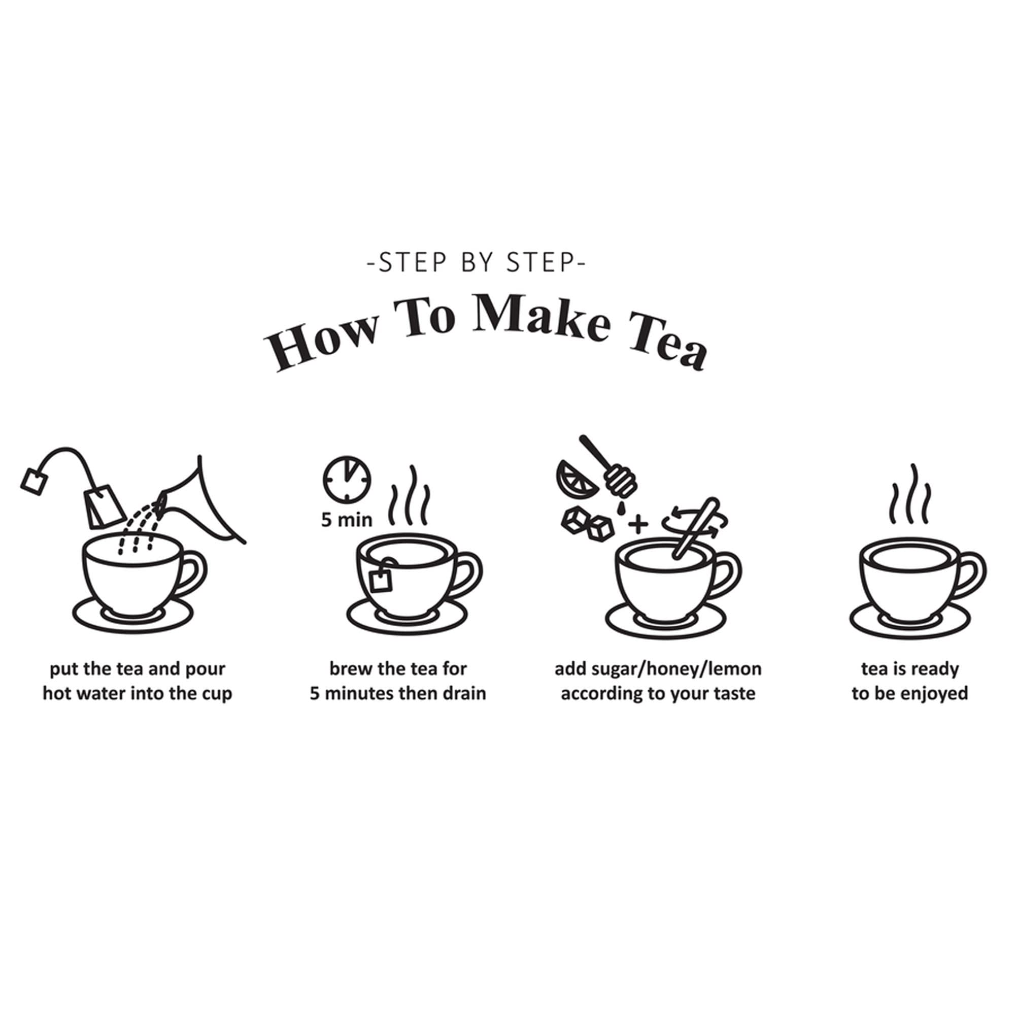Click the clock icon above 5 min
(x=347, y=478)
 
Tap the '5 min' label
(x=347, y=520)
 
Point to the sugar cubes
(x=587, y=523)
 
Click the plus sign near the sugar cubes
(x=638, y=524)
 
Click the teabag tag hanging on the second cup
(x=379, y=580)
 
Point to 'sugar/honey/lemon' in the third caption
(x=677, y=669)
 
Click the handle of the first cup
(x=192, y=573)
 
